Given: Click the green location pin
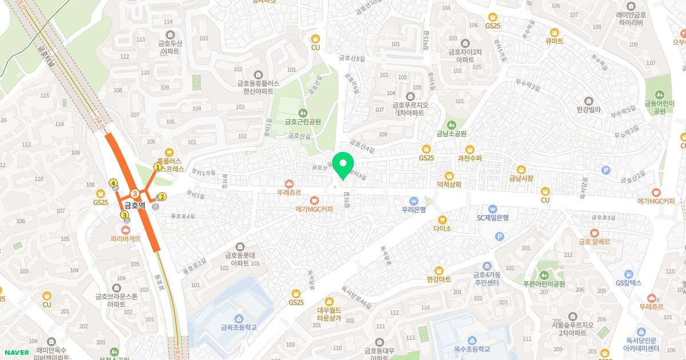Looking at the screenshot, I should click(x=343, y=165).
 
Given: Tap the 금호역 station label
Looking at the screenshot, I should click(x=136, y=204).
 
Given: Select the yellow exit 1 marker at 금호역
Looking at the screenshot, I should click(x=157, y=167).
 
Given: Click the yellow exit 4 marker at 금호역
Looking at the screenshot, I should click(x=113, y=183).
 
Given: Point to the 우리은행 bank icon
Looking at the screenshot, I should click(x=414, y=201).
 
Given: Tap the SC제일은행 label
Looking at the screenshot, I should click(x=493, y=217).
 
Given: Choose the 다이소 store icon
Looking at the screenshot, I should click(x=442, y=219).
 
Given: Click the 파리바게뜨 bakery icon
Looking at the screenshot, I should click(x=126, y=229).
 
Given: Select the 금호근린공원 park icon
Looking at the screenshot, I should click(x=303, y=113).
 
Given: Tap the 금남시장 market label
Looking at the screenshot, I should click(x=521, y=178).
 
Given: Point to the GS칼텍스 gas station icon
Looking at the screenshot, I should click(x=628, y=274).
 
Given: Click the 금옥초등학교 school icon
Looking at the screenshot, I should click(x=238, y=318).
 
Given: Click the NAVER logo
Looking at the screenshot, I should click(x=15, y=352).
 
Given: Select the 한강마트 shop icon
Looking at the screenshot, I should click(x=439, y=270).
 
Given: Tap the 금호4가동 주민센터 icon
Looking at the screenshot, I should click(x=486, y=266).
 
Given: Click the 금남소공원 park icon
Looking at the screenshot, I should click(x=452, y=125).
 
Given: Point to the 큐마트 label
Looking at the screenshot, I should click(x=554, y=41).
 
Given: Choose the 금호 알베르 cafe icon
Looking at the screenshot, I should click(x=595, y=233).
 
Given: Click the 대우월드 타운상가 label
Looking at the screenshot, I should click(x=329, y=314).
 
